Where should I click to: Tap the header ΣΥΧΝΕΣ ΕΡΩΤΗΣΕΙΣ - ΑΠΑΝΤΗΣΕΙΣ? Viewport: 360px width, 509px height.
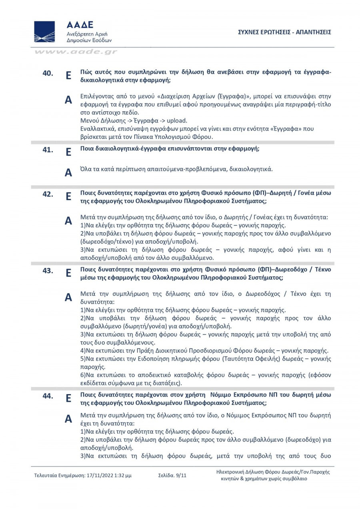click(284, 32)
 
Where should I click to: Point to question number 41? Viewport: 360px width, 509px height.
click(48, 150)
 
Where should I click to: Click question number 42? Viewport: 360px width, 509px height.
click(48, 194)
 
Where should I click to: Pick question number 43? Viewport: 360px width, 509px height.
click(48, 271)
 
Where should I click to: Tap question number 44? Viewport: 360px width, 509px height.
click(48, 396)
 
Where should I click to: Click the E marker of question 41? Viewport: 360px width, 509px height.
click(68, 152)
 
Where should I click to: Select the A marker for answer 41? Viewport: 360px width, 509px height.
click(68, 172)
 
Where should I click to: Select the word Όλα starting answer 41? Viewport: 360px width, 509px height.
click(86, 169)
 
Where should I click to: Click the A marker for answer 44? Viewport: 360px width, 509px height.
click(68, 419)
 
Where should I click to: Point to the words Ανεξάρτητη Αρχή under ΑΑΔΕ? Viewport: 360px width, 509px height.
click(87, 34)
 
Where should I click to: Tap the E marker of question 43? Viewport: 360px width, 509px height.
click(68, 273)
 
